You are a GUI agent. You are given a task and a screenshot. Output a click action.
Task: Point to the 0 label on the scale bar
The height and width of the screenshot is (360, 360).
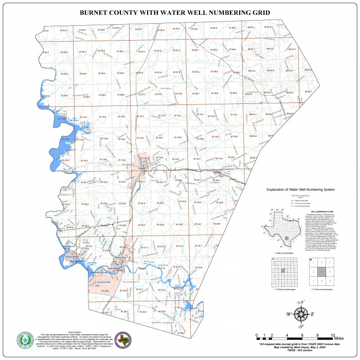(257, 335)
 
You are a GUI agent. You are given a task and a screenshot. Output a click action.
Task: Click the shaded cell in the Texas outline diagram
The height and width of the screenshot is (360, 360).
(287, 239)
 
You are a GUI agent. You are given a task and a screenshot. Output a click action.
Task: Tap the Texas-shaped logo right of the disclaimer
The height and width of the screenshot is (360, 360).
(122, 340)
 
